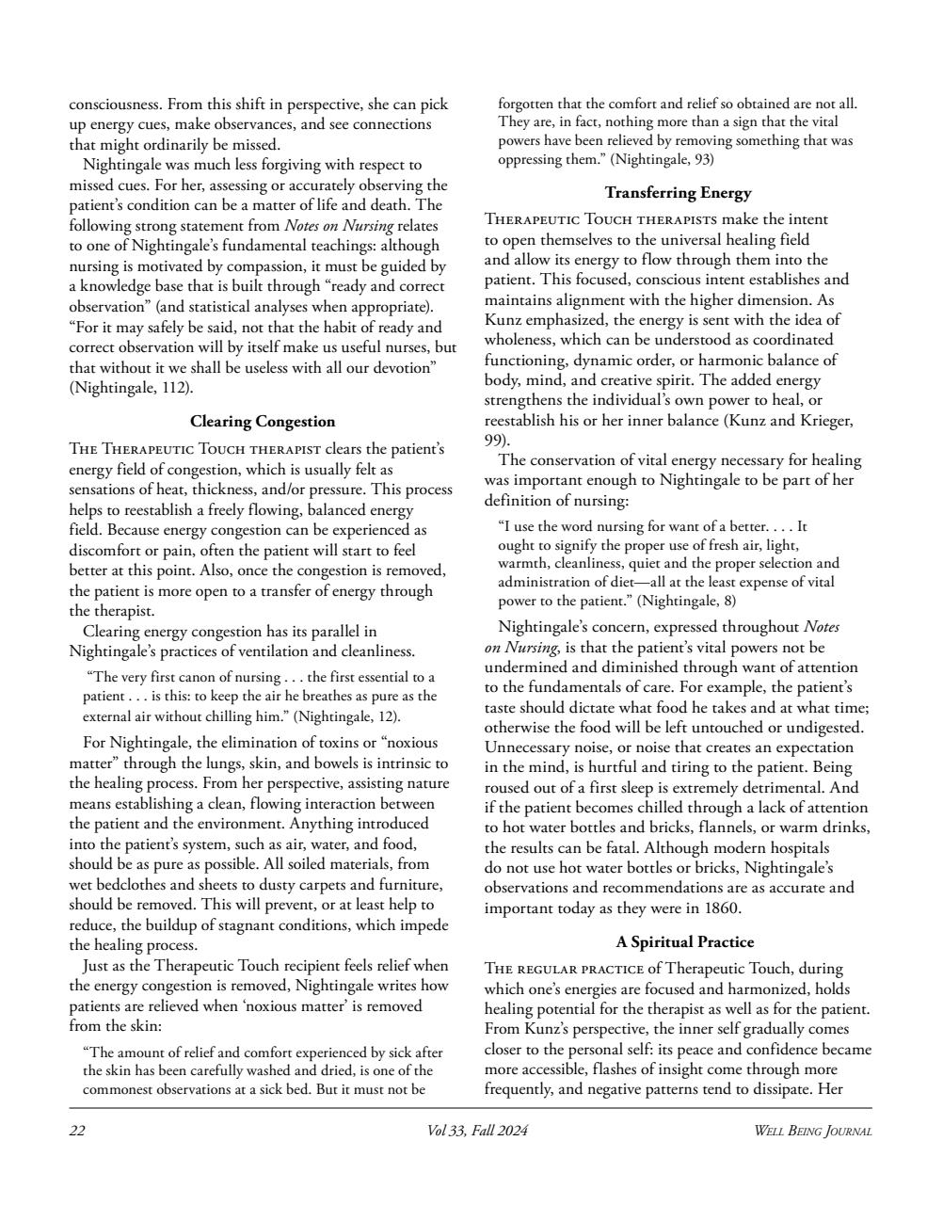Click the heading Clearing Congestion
point(263,421)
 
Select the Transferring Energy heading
point(678,193)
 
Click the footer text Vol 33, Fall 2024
point(477,1131)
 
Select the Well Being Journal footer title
point(812,1131)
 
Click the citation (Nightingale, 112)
point(132,387)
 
